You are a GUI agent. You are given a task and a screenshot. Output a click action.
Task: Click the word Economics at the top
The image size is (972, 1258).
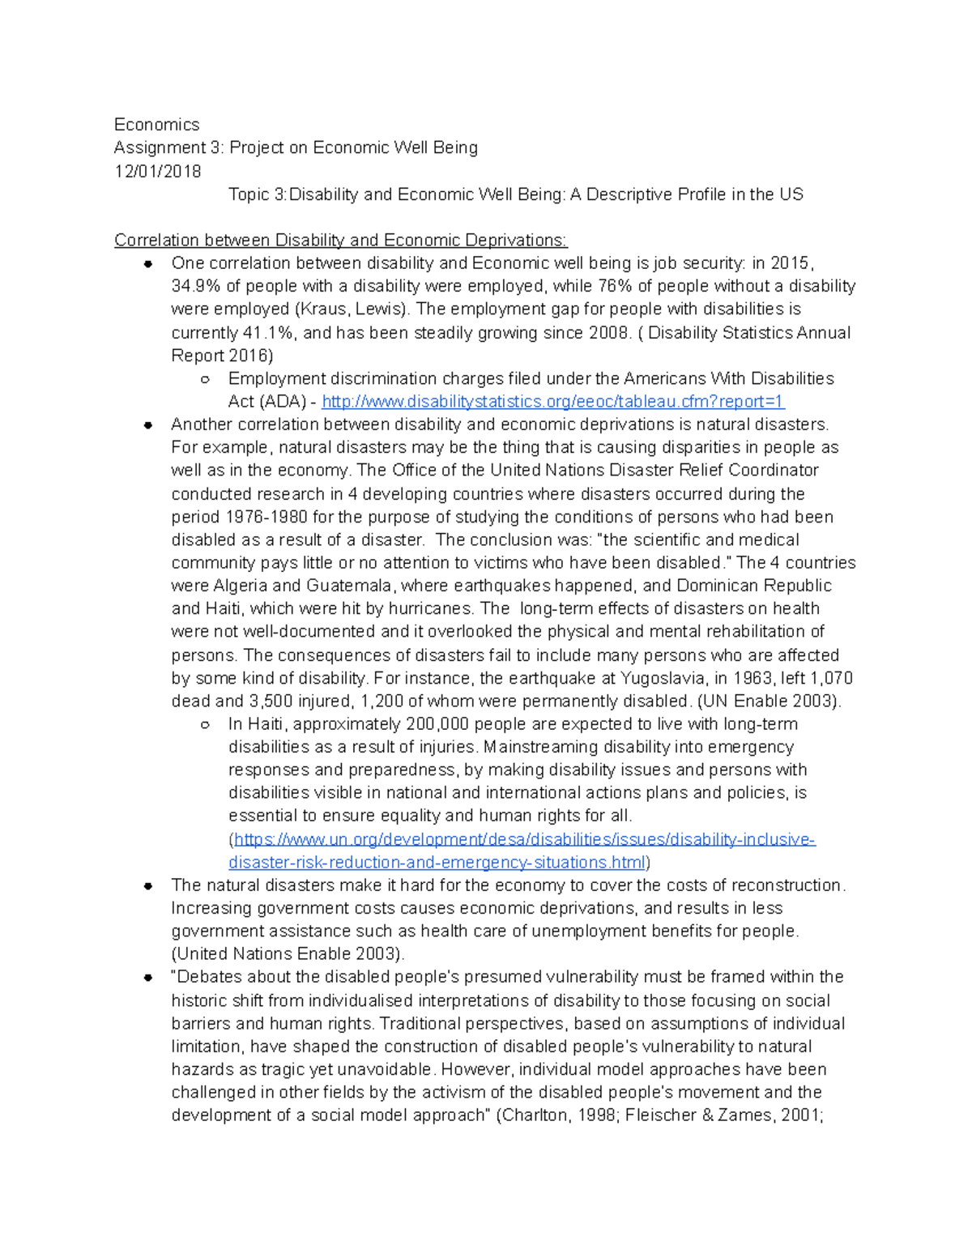156,125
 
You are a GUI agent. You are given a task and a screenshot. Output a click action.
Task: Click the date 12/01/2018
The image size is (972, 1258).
157,171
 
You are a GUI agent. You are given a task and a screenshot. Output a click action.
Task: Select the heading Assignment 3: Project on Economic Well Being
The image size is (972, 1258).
296,147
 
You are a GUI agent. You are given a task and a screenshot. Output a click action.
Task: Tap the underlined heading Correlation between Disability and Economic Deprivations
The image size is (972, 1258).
340,241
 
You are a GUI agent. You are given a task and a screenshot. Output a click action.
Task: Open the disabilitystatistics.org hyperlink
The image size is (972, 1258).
553,402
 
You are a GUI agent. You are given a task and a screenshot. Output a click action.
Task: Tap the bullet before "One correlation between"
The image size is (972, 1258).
148,263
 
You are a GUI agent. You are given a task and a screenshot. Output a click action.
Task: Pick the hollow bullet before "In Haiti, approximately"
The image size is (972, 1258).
205,724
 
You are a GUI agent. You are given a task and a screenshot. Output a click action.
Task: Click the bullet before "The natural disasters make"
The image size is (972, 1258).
148,885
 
